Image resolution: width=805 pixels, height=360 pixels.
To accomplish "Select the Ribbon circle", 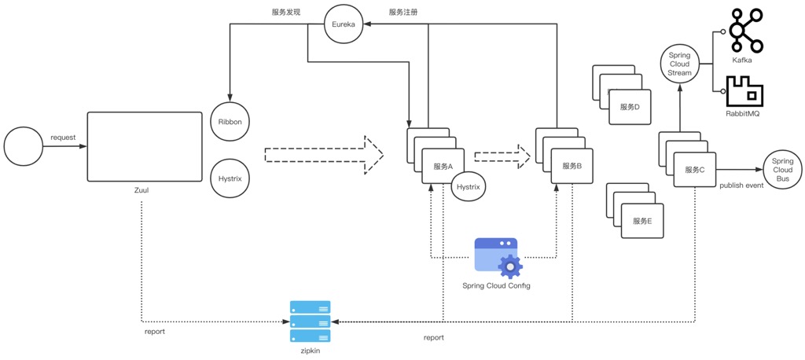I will point(230,123).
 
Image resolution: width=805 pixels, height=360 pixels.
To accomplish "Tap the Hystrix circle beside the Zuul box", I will point(230,179).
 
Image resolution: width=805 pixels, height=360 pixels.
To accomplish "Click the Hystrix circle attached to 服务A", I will point(469,187).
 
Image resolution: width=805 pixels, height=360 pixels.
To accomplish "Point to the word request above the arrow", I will point(63,138).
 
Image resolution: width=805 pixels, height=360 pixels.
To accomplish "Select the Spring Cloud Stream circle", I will point(679,64).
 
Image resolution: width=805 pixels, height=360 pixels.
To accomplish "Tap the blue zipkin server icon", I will point(310,321).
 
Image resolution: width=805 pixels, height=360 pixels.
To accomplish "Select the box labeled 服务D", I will point(630,107).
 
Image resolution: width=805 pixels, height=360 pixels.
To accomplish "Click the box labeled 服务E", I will point(642,221).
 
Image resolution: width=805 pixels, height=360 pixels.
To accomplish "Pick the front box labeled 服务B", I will point(572,166).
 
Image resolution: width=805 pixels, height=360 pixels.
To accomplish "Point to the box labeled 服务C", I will point(694,170).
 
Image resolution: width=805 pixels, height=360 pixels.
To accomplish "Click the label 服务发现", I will point(286,12).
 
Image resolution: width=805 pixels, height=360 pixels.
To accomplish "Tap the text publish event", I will point(741,186).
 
